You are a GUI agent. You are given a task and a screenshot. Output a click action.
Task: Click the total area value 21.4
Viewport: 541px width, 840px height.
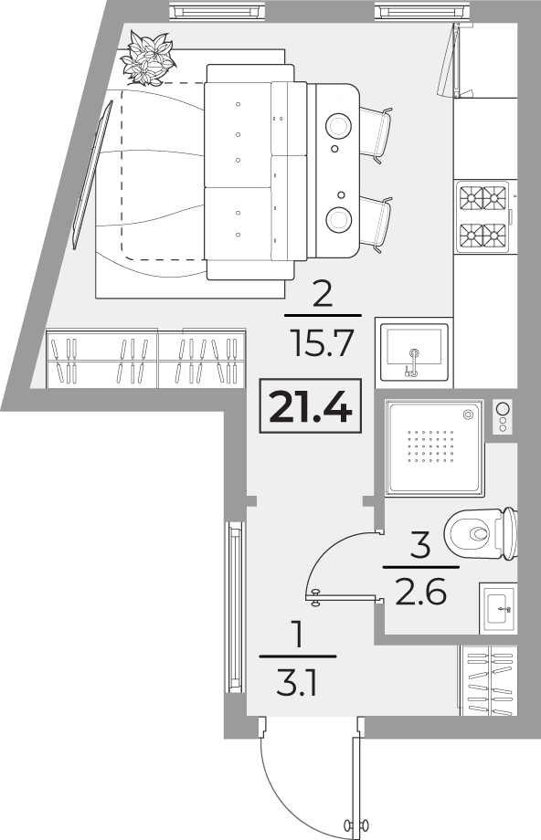click(311, 406)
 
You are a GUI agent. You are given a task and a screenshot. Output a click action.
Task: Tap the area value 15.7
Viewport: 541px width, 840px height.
click(322, 343)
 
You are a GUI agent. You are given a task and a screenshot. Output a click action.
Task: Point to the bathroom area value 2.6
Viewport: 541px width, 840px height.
click(421, 592)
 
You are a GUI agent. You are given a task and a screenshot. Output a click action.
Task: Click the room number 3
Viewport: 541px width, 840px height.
click(421, 545)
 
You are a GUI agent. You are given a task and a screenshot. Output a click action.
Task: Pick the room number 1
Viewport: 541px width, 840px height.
click(297, 635)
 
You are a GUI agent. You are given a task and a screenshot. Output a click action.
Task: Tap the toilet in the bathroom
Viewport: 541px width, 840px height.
click(481, 533)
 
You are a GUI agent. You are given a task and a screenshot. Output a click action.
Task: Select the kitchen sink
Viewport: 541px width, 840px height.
click(413, 350)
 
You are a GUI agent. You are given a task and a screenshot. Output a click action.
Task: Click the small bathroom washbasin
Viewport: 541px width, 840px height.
click(499, 609)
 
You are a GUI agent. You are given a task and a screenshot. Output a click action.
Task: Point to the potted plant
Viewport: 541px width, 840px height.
click(147, 58)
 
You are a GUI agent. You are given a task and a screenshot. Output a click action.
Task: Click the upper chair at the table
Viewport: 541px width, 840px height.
click(377, 134)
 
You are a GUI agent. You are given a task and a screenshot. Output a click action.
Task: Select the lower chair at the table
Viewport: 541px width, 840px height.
click(377, 225)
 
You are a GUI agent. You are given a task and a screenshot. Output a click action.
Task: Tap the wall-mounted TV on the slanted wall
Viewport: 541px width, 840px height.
click(92, 174)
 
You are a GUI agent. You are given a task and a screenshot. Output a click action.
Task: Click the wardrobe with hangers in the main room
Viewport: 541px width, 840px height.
click(146, 358)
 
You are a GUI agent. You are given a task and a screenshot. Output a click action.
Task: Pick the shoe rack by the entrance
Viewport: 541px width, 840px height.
click(487, 680)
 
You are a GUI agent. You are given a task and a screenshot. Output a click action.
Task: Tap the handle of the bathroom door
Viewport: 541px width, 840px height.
click(316, 597)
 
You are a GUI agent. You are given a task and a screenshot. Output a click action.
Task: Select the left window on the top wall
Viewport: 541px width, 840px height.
click(217, 11)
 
